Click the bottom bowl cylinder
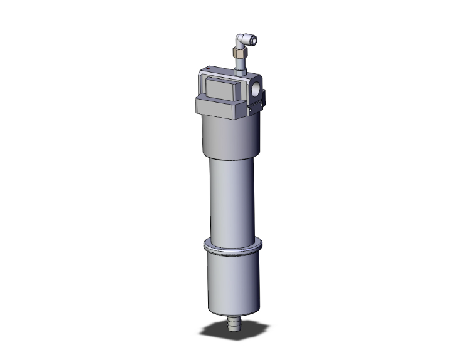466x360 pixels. coord(231,282)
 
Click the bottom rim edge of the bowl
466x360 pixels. coord(232,311)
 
